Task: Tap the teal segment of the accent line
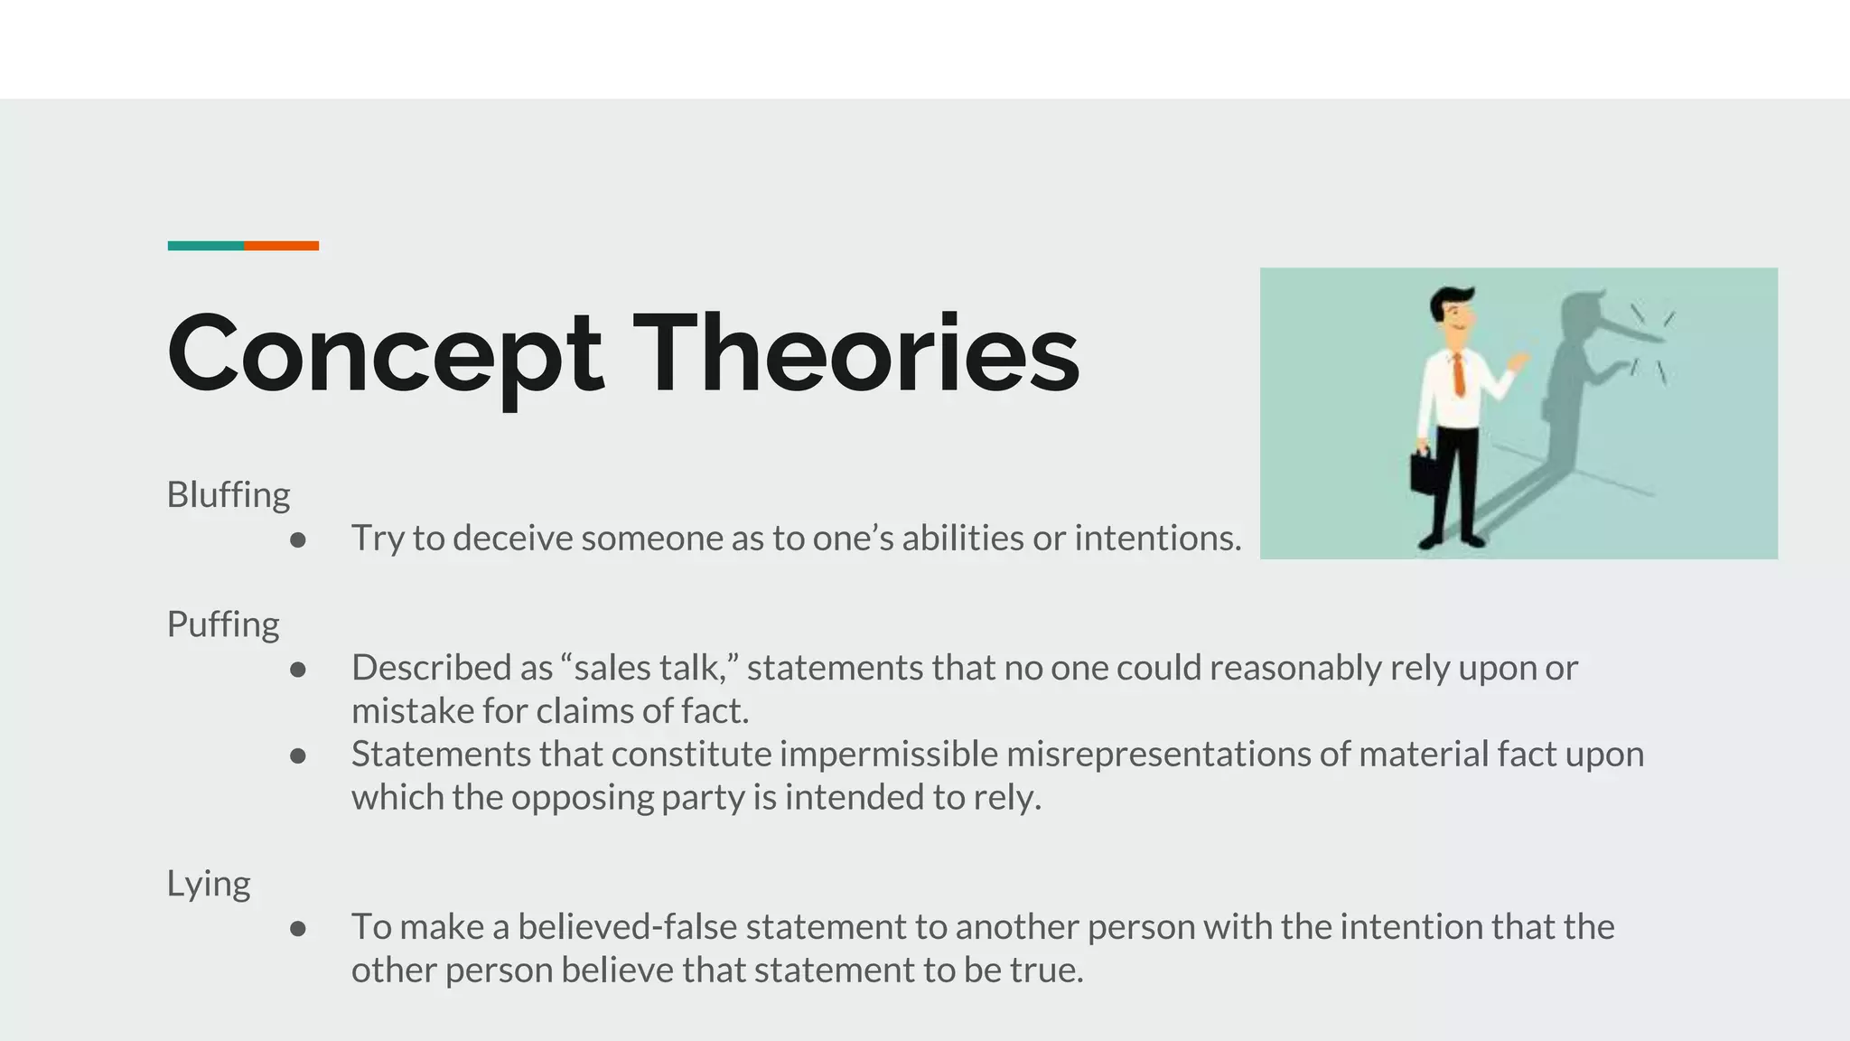tap(205, 246)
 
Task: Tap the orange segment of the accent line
tap(281, 246)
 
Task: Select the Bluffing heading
tap(229, 495)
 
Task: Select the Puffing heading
tap(223, 624)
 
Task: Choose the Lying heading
tap(209, 884)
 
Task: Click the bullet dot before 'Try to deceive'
tap(298, 540)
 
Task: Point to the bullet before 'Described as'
tap(298, 670)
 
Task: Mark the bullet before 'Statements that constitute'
tap(298, 756)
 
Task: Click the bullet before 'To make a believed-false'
tap(298, 929)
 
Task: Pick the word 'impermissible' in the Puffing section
tap(888, 755)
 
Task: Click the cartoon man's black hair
tap(1451, 299)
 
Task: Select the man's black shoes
tap(1451, 541)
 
